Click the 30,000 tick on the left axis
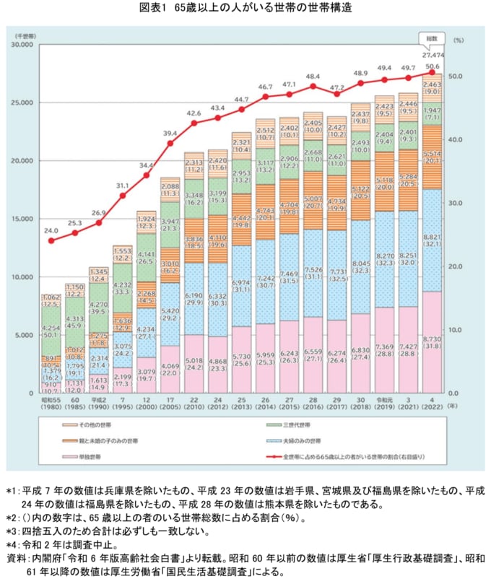[x=24, y=45]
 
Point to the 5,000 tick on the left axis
[x=26, y=336]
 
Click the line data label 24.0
[x=51, y=231]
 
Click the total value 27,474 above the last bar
[x=432, y=55]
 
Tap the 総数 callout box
[x=432, y=38]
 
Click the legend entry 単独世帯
[x=92, y=457]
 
